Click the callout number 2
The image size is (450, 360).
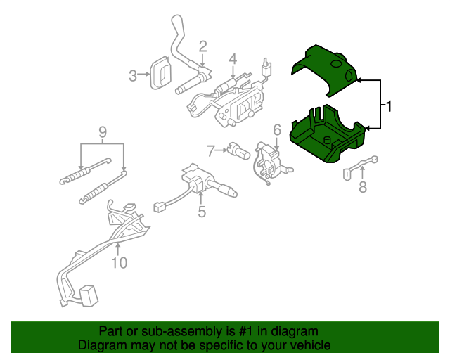coord(202,47)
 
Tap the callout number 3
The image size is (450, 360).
coord(132,75)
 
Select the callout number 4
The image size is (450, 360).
coord(233,59)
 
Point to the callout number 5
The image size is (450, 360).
coord(202,210)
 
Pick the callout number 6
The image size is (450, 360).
coord(276,129)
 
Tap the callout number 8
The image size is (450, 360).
coord(363,187)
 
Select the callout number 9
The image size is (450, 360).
coord(102,131)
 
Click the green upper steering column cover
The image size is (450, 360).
coord(325,68)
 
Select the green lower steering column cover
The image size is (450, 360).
coord(328,134)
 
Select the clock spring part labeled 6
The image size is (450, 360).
coord(271,160)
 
